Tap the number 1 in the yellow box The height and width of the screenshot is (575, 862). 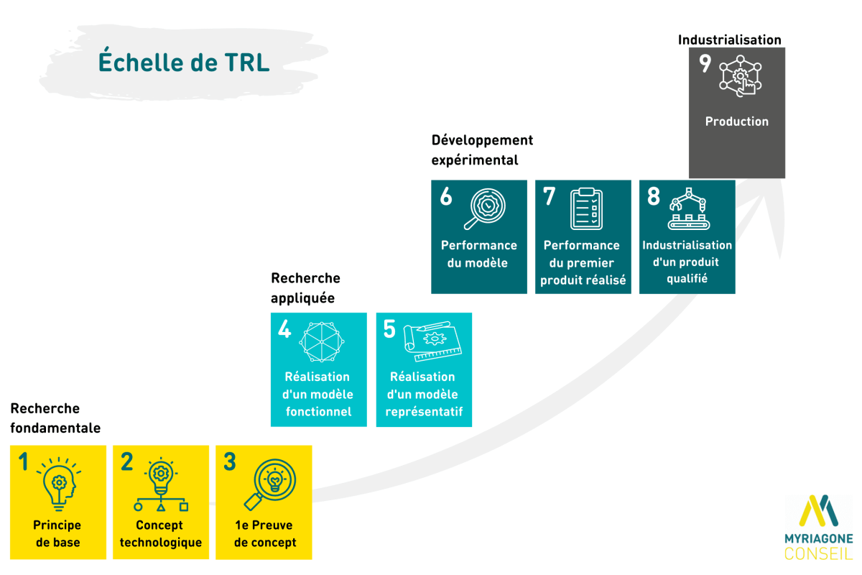[x=24, y=461]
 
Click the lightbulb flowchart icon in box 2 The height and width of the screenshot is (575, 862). [x=161, y=484]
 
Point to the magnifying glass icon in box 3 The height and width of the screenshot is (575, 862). [x=270, y=484]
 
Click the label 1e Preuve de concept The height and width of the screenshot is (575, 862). [x=265, y=534]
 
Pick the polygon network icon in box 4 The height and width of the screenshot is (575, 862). [x=322, y=342]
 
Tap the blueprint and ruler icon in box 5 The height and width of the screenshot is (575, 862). [x=432, y=341]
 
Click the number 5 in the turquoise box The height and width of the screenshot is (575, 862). [x=389, y=329]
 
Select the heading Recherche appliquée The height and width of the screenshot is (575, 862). [x=305, y=287]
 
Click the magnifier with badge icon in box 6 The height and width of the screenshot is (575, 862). [x=485, y=208]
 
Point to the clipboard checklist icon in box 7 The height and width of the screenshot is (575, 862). [x=586, y=208]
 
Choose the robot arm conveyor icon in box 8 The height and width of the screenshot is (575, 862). [x=689, y=208]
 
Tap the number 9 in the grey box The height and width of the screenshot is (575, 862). [x=705, y=63]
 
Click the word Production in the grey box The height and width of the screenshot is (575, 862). [x=736, y=121]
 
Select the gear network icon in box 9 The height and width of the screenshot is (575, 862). [x=741, y=76]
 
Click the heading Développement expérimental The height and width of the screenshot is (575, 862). [x=482, y=149]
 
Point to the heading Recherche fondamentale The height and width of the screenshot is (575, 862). [x=55, y=418]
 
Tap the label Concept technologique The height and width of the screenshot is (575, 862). [x=161, y=534]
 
